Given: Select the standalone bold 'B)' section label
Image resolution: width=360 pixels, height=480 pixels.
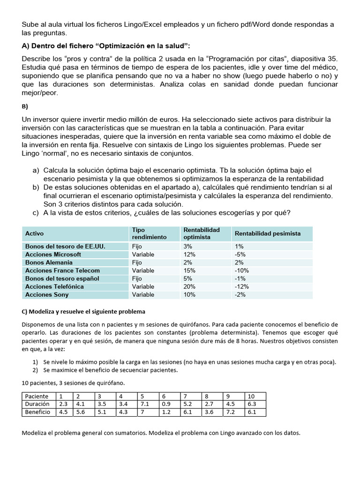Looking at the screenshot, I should (x=25, y=106).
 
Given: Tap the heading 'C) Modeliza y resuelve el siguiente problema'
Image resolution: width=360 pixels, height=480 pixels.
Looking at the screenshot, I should (x=83, y=311).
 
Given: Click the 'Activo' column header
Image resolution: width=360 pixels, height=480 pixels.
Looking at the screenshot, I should (x=34, y=233).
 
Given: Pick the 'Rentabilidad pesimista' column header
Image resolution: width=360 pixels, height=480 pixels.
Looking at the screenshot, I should (x=268, y=233).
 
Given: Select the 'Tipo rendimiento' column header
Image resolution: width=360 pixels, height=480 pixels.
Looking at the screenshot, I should (x=149, y=233).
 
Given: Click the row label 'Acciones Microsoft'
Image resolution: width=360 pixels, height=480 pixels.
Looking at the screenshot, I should (x=53, y=255).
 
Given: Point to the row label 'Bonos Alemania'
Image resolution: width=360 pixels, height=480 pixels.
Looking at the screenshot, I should (x=49, y=262).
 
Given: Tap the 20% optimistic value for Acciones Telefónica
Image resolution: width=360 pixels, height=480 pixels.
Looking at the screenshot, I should (x=189, y=286).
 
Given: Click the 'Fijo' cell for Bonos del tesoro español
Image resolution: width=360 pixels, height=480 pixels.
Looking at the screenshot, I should (x=137, y=278).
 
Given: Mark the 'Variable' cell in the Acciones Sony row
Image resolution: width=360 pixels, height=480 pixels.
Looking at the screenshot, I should (x=143, y=295).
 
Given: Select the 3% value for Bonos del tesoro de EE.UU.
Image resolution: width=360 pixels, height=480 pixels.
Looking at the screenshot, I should (x=187, y=247).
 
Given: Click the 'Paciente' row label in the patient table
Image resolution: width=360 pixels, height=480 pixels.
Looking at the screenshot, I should (x=37, y=396).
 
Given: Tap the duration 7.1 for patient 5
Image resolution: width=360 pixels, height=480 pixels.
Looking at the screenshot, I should (x=144, y=404).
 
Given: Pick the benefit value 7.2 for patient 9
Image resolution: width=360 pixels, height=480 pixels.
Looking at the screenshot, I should (x=231, y=412).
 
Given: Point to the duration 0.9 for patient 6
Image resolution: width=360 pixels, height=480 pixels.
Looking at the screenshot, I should (x=166, y=404).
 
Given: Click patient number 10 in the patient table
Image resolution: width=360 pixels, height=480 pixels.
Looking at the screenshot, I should (x=251, y=396).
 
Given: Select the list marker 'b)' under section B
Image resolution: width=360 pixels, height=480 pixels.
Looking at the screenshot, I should (x=36, y=187).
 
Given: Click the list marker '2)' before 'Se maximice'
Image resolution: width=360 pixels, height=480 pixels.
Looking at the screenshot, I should (x=35, y=370).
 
